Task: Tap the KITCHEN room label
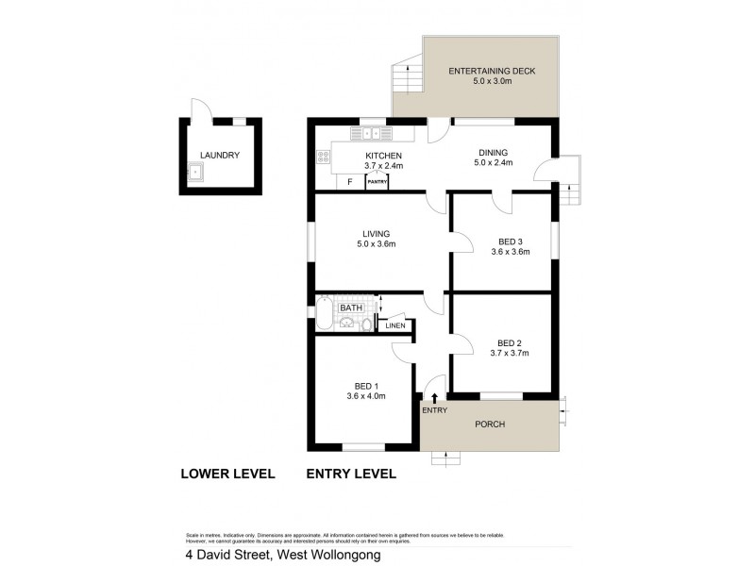[x=385, y=156]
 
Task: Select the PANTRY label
[x=377, y=182]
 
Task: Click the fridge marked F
[x=349, y=181]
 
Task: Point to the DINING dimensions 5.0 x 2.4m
[x=493, y=163]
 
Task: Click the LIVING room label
[x=376, y=233]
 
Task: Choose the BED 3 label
[x=510, y=241]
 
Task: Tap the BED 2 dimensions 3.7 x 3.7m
[x=510, y=354]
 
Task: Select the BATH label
[x=351, y=308]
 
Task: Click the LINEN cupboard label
[x=395, y=325]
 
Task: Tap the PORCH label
[x=491, y=424]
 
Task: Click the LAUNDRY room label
[x=220, y=156]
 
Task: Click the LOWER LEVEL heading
[x=226, y=474]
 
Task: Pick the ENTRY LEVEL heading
[x=351, y=474]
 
